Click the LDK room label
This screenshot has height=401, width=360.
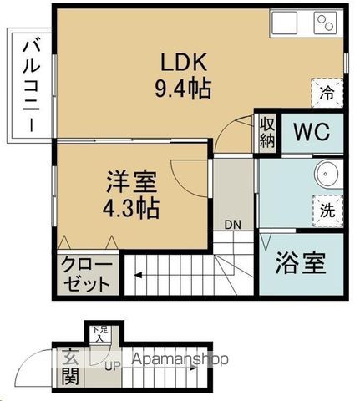(184, 61)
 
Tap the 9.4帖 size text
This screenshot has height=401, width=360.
(183, 89)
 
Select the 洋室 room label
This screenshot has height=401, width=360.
(131, 181)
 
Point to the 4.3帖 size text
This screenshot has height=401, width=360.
(131, 208)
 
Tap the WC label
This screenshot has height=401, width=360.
(312, 132)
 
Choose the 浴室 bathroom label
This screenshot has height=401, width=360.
(301, 263)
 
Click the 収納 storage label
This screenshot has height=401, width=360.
(267, 134)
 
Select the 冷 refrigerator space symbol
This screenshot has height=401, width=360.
(327, 93)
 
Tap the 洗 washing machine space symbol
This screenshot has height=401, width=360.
(327, 211)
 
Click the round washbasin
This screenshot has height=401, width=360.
(327, 173)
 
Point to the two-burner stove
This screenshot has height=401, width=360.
(326, 23)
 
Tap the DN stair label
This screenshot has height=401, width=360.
(233, 225)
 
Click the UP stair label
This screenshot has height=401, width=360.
(113, 365)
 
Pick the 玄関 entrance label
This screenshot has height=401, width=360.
(69, 368)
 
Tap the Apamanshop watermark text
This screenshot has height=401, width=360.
(180, 359)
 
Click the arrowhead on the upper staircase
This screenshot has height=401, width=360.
(138, 276)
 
